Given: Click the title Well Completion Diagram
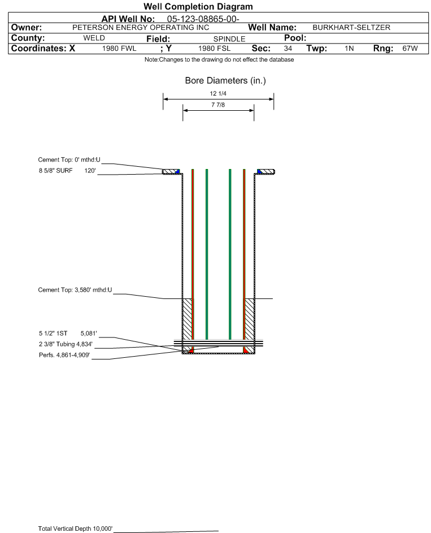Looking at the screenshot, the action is point(198,6).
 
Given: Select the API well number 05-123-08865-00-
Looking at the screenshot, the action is point(203,19).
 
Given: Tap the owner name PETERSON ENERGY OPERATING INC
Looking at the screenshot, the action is point(141,28).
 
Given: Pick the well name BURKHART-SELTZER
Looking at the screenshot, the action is point(351,28).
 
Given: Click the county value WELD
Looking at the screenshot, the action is point(94,38).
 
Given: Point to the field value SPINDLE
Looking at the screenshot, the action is point(229,39).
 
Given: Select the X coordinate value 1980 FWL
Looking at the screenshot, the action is point(119,49).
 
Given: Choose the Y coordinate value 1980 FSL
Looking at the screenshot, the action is point(214,49).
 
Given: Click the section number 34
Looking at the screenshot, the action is point(288,49).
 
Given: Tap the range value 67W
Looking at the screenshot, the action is point(410,49).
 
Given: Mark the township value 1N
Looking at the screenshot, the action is point(349,49).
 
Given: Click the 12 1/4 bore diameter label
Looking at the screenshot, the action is point(218,93).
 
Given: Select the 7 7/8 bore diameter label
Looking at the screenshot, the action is point(218,105).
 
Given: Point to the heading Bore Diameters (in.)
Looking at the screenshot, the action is point(225,81).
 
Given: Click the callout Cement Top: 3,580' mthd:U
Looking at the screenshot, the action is point(75,290).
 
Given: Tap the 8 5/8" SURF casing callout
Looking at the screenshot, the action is point(67,171).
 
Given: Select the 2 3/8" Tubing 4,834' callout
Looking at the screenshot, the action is point(66,344).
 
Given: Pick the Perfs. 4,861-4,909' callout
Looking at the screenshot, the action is point(64,355).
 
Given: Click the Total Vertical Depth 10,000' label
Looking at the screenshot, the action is point(75,528).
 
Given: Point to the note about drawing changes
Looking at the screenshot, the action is point(219,59).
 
